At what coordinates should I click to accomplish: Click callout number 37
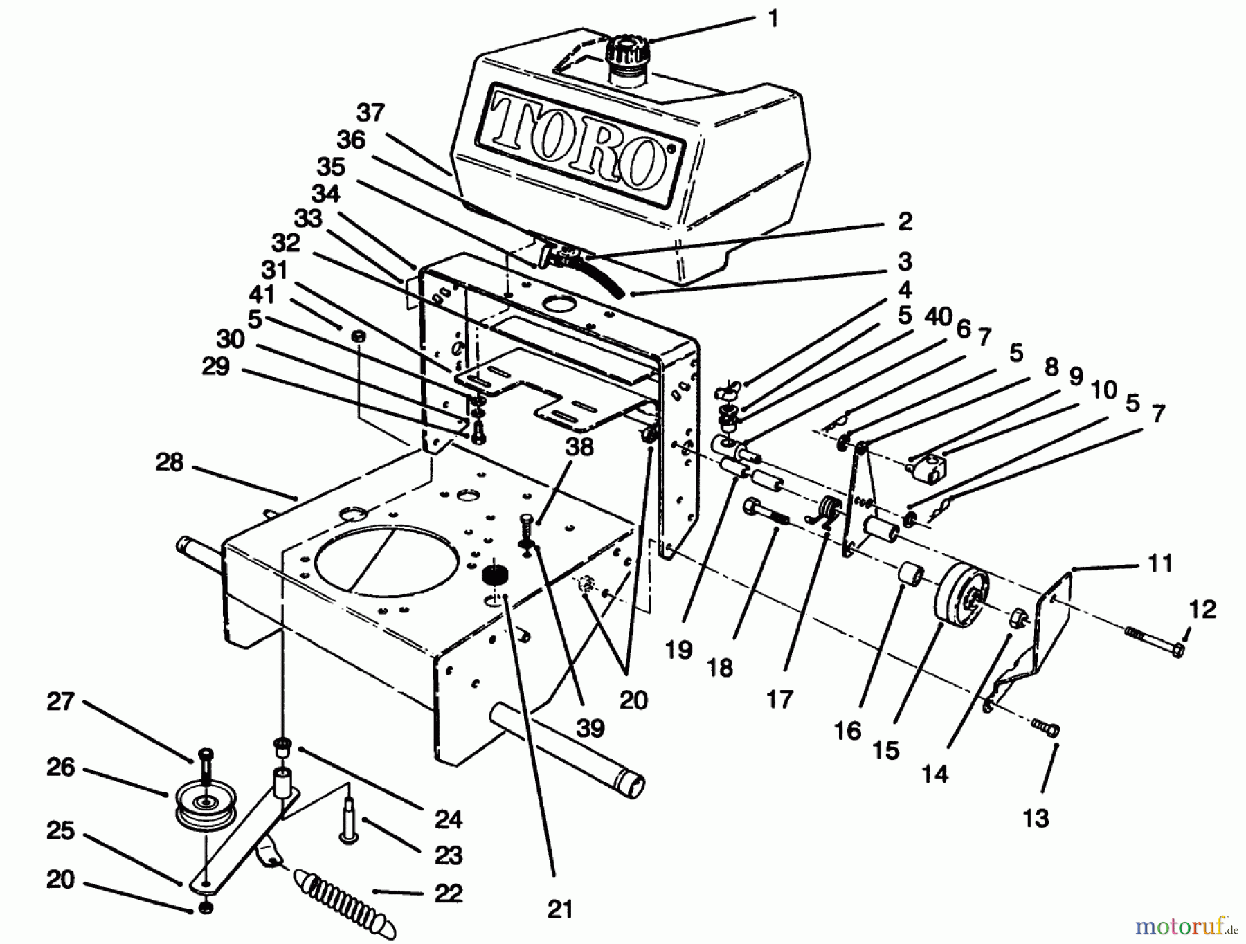pos(371,112)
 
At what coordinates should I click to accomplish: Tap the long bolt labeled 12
pos(1155,643)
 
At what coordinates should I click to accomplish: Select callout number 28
pos(169,462)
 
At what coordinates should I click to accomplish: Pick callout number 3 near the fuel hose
pos(904,262)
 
